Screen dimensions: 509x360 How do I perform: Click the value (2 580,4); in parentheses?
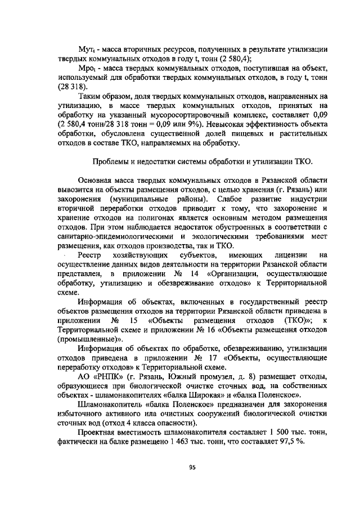[232, 58]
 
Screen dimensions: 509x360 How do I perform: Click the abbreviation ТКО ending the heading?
[300, 164]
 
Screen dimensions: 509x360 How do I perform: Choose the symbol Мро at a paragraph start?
[88, 69]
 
